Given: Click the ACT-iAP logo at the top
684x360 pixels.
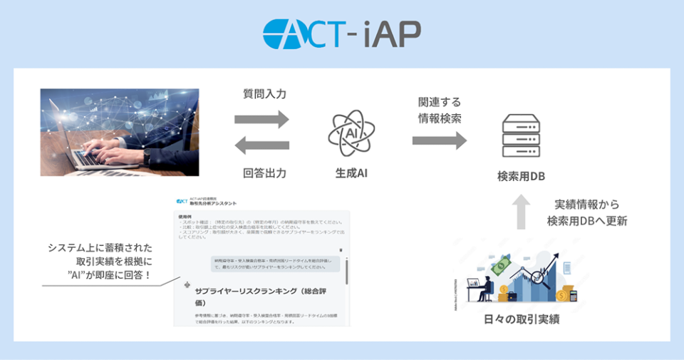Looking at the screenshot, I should (x=341, y=33).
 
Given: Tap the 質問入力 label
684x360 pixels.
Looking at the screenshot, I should (x=264, y=93).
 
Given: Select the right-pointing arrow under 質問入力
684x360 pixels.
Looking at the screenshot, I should (x=262, y=118).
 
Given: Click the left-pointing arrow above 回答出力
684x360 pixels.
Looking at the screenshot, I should (x=262, y=146).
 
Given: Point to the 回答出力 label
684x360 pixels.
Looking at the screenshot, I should (x=264, y=173).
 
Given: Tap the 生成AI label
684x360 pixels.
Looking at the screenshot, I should (x=351, y=173).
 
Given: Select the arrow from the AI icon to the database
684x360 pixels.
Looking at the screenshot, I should (x=439, y=140).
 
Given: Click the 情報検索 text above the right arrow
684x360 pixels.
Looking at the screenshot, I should (x=440, y=118).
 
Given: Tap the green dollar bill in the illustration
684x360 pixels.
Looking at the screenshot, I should (x=501, y=266).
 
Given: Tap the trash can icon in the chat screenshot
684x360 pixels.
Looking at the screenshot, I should (x=341, y=250).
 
